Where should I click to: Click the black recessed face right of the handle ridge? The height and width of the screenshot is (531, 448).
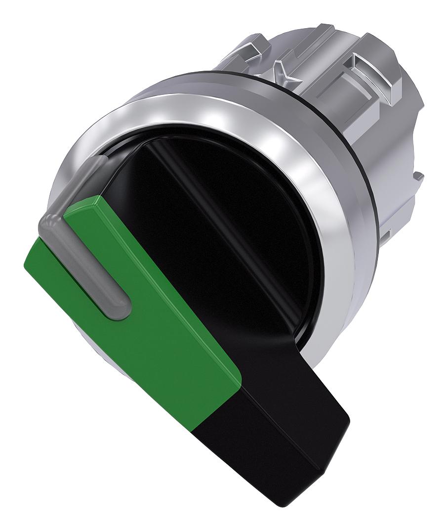pyautogui.click(x=257, y=208)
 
